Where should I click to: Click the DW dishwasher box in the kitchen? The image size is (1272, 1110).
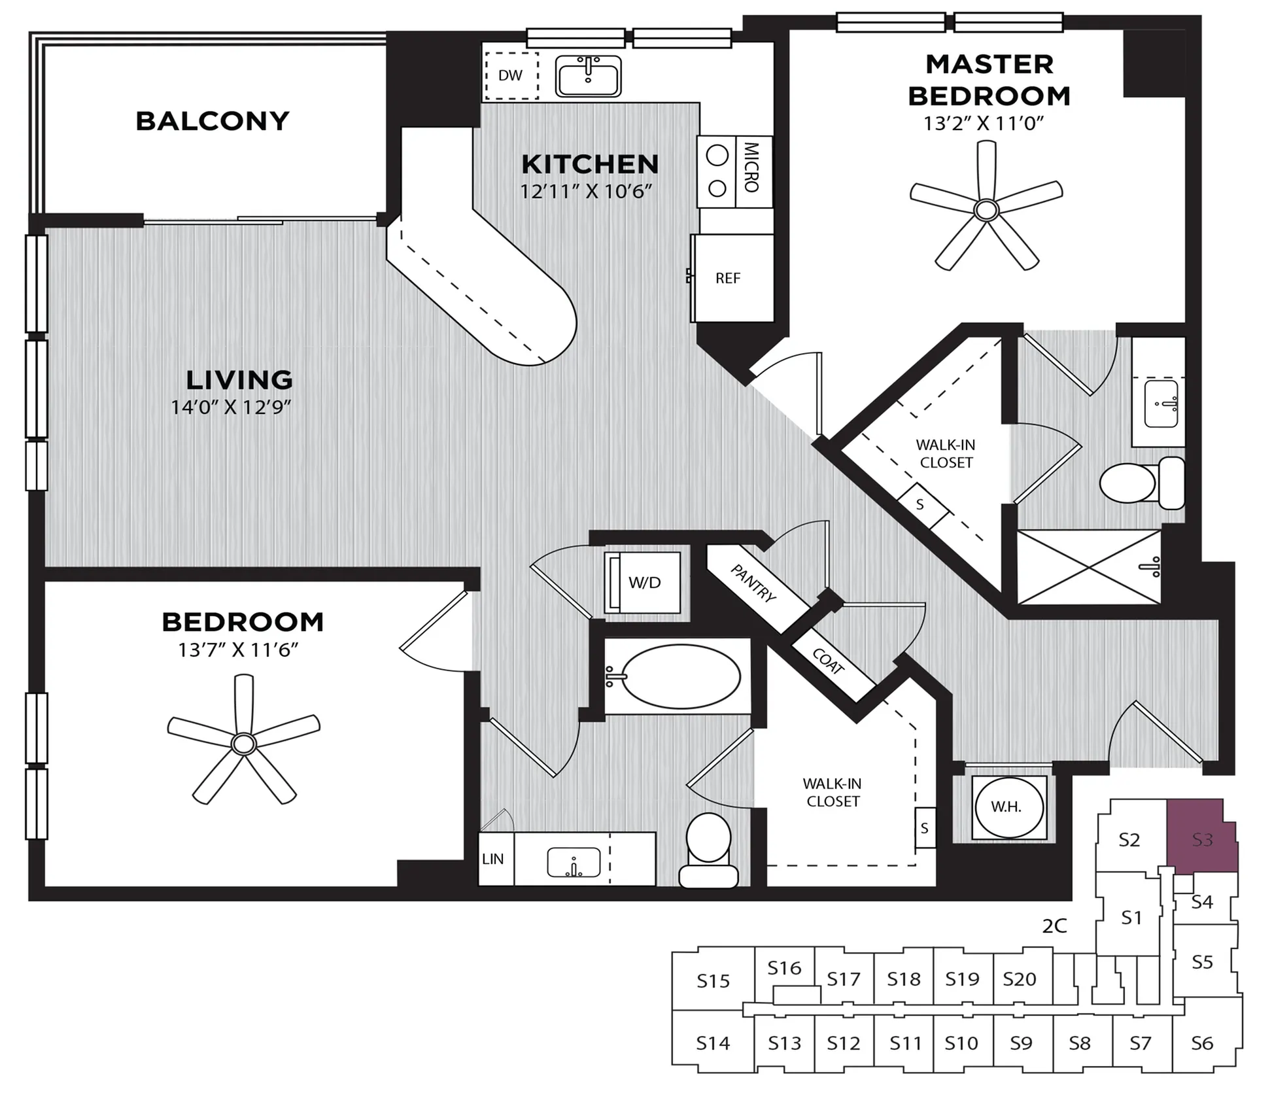[x=511, y=76]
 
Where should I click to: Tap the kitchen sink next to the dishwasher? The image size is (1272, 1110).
[x=589, y=76]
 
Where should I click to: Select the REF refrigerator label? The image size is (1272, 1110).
[x=728, y=279]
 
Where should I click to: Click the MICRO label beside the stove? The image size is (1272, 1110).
[x=751, y=167]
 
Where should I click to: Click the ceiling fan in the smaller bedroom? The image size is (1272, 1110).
[x=243, y=742]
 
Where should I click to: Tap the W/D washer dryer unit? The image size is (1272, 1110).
[x=642, y=582]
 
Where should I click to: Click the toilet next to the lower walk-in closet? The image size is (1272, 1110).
[x=708, y=850]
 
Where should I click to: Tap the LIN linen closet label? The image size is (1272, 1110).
[x=493, y=859]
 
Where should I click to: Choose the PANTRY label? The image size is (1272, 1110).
[x=753, y=583]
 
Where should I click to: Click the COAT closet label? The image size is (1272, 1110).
[x=828, y=661]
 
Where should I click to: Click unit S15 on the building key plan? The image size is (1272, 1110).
[x=713, y=981]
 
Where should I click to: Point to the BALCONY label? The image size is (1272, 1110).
[x=213, y=121]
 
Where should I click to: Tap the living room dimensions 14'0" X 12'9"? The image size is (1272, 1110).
[x=231, y=407]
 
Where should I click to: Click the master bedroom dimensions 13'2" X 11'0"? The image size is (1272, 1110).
[x=984, y=123]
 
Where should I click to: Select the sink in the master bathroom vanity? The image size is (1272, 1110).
[x=1161, y=404]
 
